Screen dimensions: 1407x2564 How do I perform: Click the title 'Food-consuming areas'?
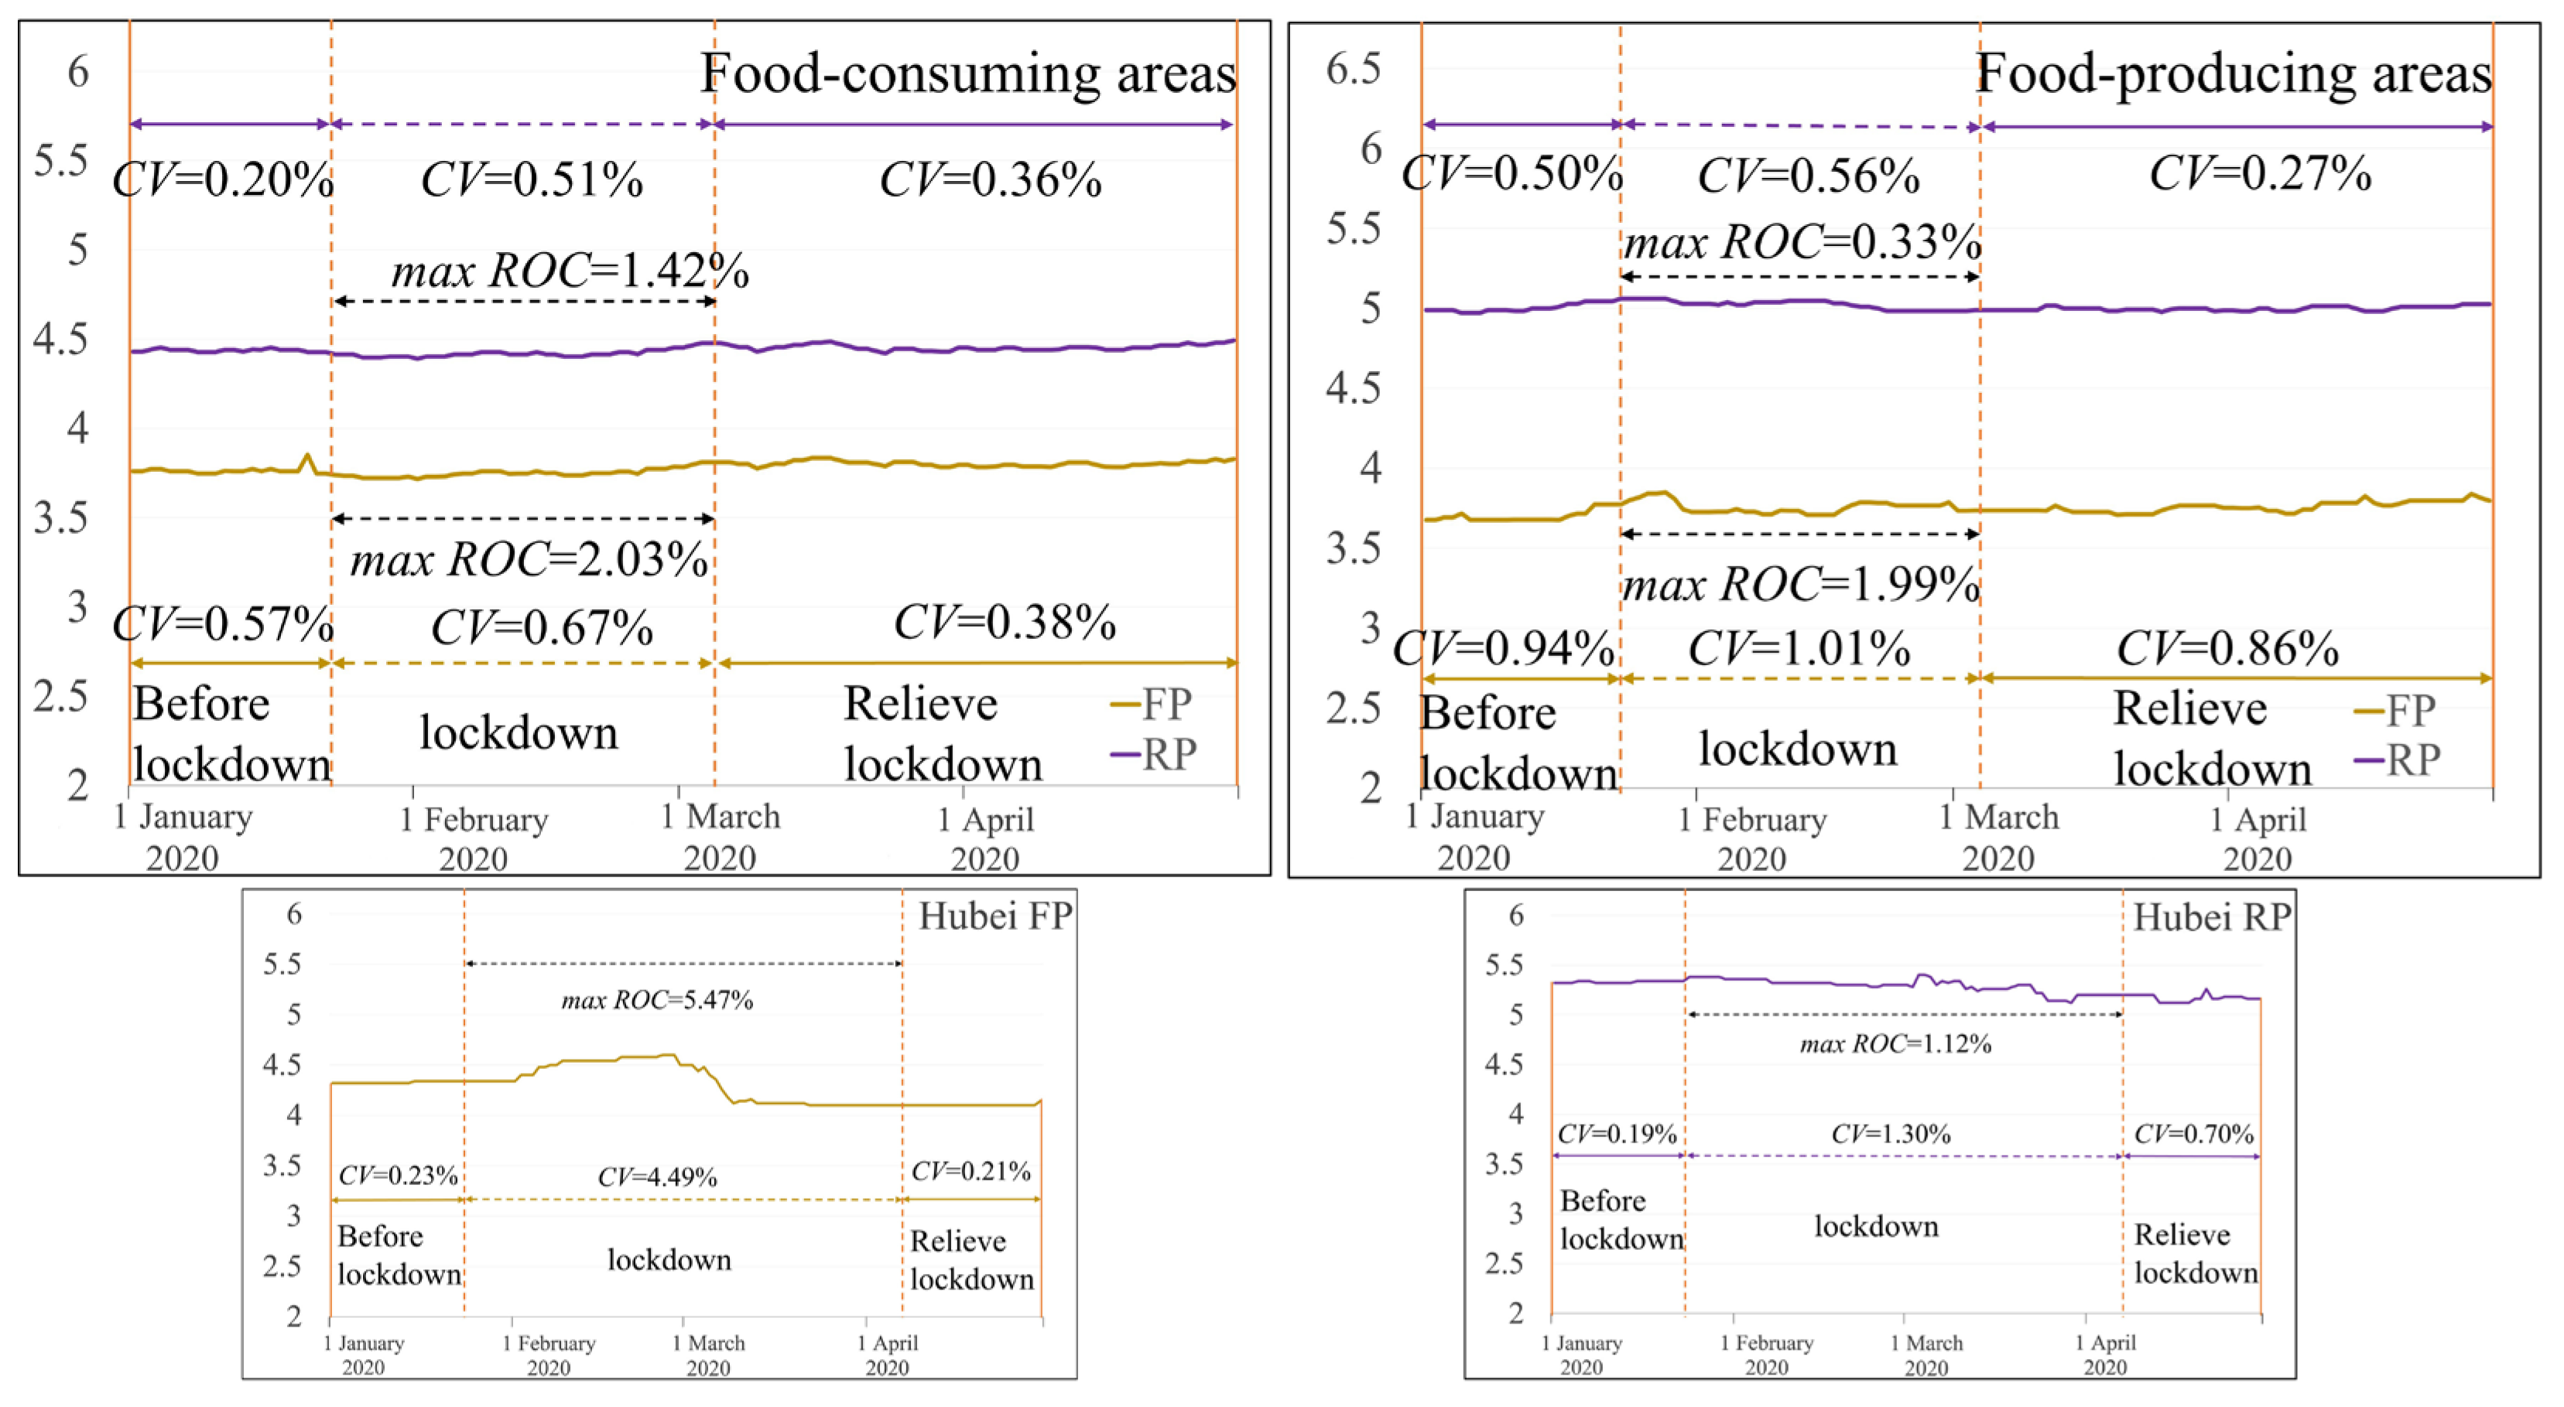tap(967, 74)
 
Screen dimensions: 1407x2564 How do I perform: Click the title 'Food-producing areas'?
tap(2233, 74)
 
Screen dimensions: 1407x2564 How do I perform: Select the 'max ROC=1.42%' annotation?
tap(570, 271)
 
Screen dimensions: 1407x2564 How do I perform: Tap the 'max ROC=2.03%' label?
tap(529, 560)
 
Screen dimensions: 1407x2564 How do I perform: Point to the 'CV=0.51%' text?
tap(532, 181)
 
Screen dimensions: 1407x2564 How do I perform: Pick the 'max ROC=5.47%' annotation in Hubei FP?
tap(657, 1000)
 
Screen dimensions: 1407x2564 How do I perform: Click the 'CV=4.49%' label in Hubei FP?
tap(657, 1177)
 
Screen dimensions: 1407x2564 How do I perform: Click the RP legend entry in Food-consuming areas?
tap(1155, 754)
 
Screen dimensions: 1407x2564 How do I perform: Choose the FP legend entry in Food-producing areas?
tap(2396, 711)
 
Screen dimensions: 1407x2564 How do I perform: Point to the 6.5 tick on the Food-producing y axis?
tap(1354, 70)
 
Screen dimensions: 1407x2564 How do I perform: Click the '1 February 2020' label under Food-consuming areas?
tap(474, 838)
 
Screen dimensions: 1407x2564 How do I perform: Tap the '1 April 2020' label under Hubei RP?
tap(2105, 1354)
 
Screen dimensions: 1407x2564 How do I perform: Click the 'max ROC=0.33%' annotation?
tap(1802, 243)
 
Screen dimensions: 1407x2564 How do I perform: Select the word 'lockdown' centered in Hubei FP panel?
tap(669, 1260)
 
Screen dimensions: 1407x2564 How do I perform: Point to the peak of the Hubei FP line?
tap(669, 1055)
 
